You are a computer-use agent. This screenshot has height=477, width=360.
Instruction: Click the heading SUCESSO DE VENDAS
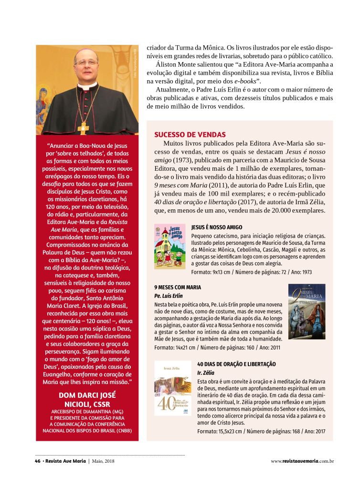point(190,135)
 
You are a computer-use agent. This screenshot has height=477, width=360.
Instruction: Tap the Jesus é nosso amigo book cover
point(170,246)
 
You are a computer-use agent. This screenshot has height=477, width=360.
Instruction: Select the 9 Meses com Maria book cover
point(307,311)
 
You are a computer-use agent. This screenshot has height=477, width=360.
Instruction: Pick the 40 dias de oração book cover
point(173,388)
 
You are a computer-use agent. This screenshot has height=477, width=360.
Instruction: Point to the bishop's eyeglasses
point(87,62)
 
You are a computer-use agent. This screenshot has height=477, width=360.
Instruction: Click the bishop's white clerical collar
point(87,86)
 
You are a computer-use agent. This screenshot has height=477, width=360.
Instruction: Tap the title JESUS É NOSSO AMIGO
point(217,228)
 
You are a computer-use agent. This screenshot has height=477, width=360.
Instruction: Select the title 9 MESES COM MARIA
point(178,288)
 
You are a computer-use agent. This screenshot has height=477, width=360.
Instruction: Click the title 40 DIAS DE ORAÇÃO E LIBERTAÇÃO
point(236,364)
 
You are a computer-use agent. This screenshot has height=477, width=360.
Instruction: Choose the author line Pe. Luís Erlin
point(168,296)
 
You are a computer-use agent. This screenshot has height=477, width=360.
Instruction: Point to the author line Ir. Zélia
point(206,373)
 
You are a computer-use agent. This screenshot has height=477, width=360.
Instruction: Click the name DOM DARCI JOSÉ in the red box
point(87,395)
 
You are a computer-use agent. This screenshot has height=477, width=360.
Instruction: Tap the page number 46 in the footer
point(37,461)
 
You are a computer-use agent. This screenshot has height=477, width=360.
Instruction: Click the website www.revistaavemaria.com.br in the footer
point(302,461)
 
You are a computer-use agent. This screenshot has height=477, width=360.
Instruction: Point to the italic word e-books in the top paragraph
point(245,81)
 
